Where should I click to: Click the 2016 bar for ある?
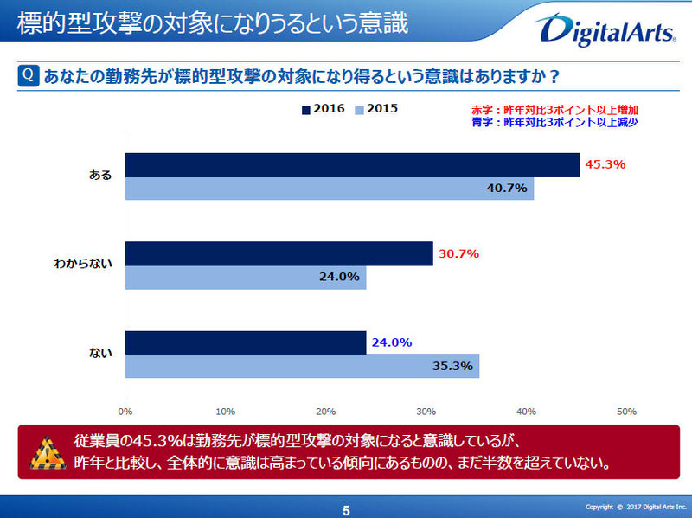point(352,165)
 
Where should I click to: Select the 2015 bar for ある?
point(330,189)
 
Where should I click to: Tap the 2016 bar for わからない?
point(279,254)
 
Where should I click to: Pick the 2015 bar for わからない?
point(246,278)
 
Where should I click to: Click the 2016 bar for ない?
point(246,342)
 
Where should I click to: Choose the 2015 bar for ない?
point(302,366)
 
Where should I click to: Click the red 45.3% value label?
point(605,164)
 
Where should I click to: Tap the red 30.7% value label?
point(459,253)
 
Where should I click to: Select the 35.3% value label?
point(452,366)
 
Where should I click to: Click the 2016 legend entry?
point(324,109)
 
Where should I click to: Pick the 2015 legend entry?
point(377,109)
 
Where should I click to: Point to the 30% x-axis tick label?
point(426,411)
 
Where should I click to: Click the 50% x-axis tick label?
point(626,411)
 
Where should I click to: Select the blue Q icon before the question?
point(27,75)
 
